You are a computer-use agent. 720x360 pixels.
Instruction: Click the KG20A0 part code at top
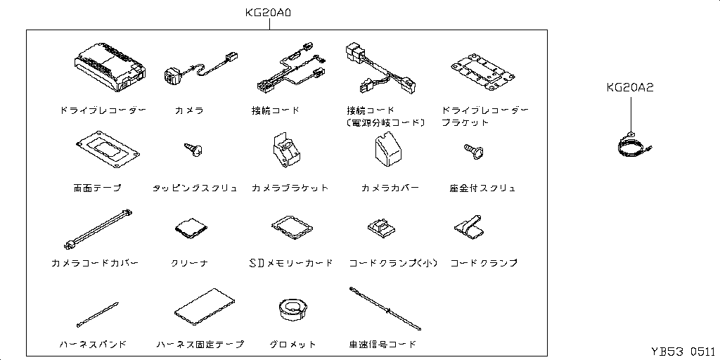(268, 13)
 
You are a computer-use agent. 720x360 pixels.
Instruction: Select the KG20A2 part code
(629, 88)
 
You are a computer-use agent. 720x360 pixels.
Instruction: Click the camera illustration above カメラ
(199, 69)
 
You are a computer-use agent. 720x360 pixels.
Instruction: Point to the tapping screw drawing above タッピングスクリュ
(193, 149)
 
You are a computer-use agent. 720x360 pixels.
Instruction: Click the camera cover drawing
(387, 148)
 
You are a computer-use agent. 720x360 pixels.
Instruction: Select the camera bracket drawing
(284, 149)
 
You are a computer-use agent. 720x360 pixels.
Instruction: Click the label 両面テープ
(97, 188)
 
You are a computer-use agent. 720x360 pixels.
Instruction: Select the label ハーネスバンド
(94, 345)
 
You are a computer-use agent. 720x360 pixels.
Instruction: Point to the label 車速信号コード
(382, 344)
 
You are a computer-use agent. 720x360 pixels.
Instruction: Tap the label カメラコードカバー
(95, 263)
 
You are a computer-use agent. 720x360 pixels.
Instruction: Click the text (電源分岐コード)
(386, 122)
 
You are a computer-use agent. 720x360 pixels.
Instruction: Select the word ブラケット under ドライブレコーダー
(465, 122)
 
